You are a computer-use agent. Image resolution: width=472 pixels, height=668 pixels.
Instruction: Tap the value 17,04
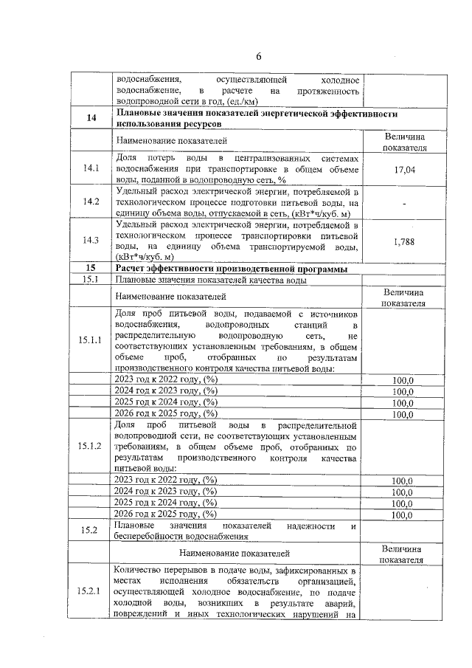tap(403, 170)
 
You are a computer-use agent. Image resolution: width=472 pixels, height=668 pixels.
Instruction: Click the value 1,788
tap(403, 241)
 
